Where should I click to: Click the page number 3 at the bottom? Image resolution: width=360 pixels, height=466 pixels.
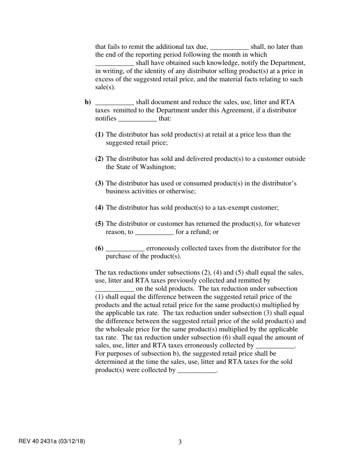tap(180, 442)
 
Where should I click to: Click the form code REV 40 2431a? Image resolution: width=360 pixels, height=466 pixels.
tap(38, 441)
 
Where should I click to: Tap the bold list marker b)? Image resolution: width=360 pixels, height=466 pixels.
tap(88, 102)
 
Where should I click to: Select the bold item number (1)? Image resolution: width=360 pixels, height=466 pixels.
tap(99, 134)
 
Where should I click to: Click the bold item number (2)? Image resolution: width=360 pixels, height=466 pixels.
tap(99, 159)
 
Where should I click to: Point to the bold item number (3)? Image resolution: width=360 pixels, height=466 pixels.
tap(99, 183)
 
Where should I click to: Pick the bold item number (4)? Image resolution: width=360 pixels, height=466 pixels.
tap(99, 208)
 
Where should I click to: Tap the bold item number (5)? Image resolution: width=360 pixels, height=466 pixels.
tap(99, 224)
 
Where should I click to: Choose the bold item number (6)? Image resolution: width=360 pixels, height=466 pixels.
tap(99, 248)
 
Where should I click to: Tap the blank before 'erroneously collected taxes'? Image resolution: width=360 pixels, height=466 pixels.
tap(125, 249)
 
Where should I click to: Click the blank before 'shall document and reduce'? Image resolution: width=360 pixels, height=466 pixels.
tap(114, 103)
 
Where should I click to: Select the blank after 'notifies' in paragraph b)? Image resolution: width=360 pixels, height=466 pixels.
tap(138, 119)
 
